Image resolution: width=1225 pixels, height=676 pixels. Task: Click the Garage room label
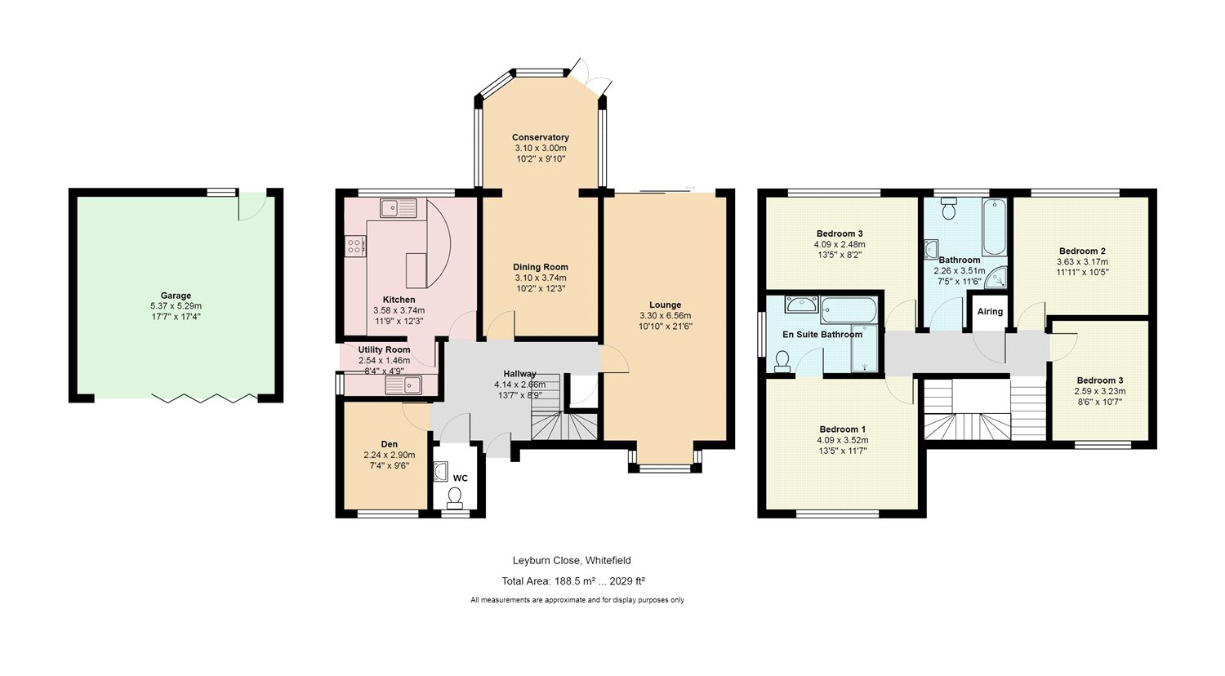tap(176, 296)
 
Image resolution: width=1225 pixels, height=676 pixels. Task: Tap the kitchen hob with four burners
tap(355, 246)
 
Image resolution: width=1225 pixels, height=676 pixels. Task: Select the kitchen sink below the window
tap(399, 208)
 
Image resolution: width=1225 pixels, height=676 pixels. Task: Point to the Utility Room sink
tap(403, 385)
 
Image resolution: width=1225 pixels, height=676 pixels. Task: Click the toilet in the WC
tap(454, 497)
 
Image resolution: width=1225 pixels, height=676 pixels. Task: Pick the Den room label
tap(390, 444)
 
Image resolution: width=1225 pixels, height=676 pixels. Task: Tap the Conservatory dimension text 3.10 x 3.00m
tap(541, 149)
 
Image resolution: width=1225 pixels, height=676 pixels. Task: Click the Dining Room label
tap(541, 267)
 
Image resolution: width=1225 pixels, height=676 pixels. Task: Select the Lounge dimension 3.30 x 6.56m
tap(665, 316)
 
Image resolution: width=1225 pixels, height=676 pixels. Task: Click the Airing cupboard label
tap(990, 311)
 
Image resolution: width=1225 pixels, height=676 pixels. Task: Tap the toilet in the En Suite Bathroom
tap(782, 362)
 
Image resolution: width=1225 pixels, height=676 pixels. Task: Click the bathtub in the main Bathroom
tap(994, 228)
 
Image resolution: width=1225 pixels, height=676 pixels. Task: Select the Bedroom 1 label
tap(842, 429)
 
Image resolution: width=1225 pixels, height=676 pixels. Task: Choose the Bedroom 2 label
tap(1082, 251)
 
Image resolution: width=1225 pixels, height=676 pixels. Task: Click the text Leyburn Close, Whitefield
tap(572, 561)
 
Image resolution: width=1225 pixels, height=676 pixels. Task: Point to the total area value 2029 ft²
tap(627, 581)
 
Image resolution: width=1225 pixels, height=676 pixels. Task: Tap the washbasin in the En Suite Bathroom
tap(802, 304)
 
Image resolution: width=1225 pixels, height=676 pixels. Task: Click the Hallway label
tap(519, 374)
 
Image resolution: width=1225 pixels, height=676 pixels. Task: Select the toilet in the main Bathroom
tap(948, 208)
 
